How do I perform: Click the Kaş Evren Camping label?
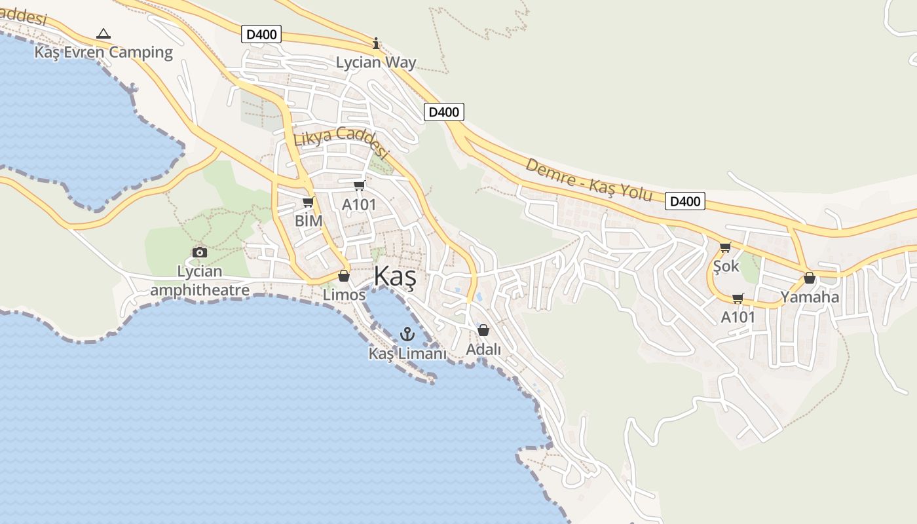pyautogui.click(x=103, y=52)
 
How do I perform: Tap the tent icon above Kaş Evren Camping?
pyautogui.click(x=103, y=33)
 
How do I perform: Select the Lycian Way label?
pyautogui.click(x=376, y=63)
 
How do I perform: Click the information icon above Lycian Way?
pyautogui.click(x=376, y=44)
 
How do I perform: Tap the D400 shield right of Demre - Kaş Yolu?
pyautogui.click(x=685, y=201)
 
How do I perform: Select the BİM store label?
pyautogui.click(x=309, y=221)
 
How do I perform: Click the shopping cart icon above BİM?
pyautogui.click(x=309, y=202)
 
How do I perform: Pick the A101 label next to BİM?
pyautogui.click(x=359, y=205)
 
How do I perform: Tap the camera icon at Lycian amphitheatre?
pyautogui.click(x=200, y=252)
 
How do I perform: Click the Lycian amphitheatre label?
pyautogui.click(x=200, y=280)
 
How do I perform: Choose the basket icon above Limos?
pyautogui.click(x=344, y=276)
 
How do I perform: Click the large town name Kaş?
pyautogui.click(x=395, y=278)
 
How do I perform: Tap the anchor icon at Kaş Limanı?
pyautogui.click(x=407, y=335)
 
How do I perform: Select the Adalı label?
pyautogui.click(x=483, y=350)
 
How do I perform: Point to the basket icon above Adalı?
pyautogui.click(x=483, y=330)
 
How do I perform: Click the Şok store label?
pyautogui.click(x=726, y=267)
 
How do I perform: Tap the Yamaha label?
pyautogui.click(x=810, y=297)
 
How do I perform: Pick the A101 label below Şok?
pyautogui.click(x=738, y=318)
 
